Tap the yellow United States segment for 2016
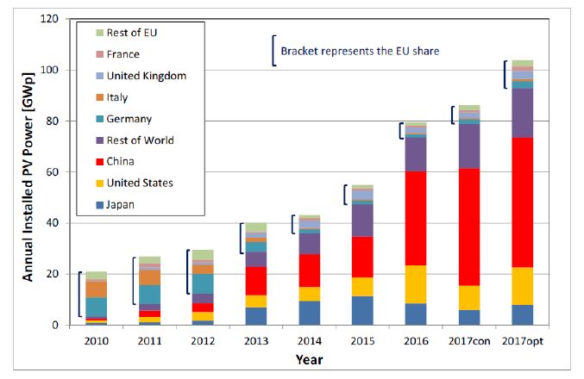click(416, 283)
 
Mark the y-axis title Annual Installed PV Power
click(27, 171)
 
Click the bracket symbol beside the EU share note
click(273, 50)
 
